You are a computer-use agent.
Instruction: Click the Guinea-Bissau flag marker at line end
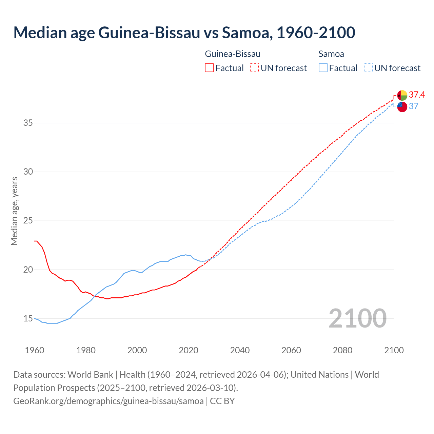[x=402, y=95]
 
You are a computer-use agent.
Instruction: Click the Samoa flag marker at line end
[x=402, y=106]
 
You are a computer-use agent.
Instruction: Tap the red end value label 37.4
[x=417, y=95]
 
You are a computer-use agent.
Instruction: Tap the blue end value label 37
[x=413, y=106]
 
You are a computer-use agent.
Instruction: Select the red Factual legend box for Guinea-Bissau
[x=209, y=68]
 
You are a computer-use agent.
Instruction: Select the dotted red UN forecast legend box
[x=254, y=68]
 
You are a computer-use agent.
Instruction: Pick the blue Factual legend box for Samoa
[x=323, y=68]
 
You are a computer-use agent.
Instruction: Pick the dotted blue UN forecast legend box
[x=368, y=68]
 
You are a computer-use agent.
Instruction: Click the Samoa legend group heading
[x=331, y=54]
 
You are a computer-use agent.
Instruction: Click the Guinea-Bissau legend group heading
[x=233, y=54]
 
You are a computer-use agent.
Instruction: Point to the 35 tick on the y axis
[x=28, y=123]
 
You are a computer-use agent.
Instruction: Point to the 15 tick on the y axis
[x=28, y=319]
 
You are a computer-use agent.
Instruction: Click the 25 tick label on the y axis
[x=28, y=221]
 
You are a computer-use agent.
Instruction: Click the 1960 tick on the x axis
[x=35, y=350]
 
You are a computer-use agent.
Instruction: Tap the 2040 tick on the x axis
[x=240, y=350]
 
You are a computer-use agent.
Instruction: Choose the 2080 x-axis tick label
[x=342, y=350]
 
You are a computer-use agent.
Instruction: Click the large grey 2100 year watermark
[x=358, y=318]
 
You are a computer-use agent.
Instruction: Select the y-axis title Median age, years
[x=14, y=211]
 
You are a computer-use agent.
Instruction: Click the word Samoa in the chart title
[x=246, y=33]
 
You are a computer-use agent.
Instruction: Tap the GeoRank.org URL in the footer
[x=108, y=401]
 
